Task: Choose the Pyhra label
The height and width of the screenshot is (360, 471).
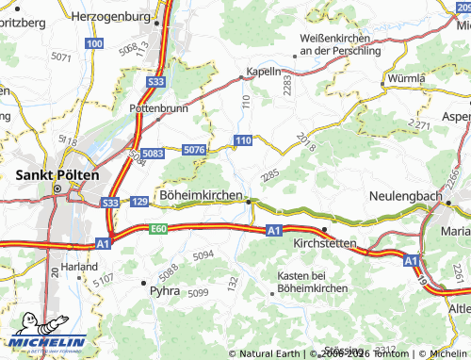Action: pyautogui.click(x=165, y=292)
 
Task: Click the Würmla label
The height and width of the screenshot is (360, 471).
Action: pyautogui.click(x=406, y=77)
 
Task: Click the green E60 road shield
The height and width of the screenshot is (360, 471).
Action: pyautogui.click(x=156, y=229)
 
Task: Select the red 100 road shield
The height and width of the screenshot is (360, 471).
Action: pyautogui.click(x=93, y=43)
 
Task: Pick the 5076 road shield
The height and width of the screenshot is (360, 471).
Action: pyautogui.click(x=195, y=150)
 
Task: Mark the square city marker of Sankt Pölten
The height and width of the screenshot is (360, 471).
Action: pyautogui.click(x=57, y=188)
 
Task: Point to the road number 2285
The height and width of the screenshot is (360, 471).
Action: pyautogui.click(x=270, y=175)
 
